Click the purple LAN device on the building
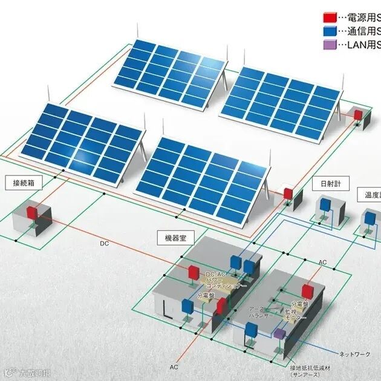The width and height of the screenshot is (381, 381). [x=279, y=333]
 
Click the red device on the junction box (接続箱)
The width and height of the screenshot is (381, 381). [x=31, y=212]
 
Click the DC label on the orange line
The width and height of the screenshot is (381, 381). [x=105, y=244]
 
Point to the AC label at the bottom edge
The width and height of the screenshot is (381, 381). [x=174, y=367]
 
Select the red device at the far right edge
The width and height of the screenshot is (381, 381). [x=358, y=114]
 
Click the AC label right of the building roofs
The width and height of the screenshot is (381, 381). [x=323, y=262]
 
